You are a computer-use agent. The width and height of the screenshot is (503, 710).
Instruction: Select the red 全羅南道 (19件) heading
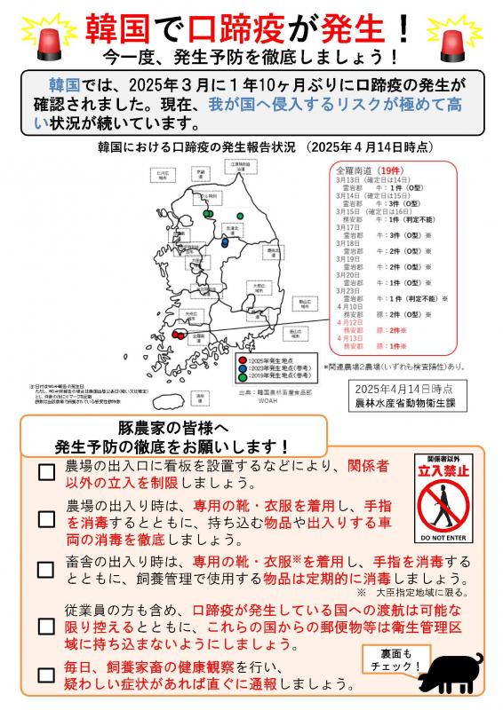click(x=366, y=168)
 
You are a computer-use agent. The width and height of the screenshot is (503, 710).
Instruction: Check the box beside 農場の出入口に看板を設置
click(x=46, y=472)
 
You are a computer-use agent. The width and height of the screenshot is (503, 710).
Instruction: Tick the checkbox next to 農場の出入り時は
click(x=46, y=518)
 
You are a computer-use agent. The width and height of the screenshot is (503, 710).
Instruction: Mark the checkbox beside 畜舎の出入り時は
click(x=46, y=569)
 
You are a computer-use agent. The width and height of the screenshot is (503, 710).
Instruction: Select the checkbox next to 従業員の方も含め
click(x=46, y=626)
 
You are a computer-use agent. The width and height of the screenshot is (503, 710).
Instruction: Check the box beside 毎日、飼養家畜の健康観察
click(x=46, y=674)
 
